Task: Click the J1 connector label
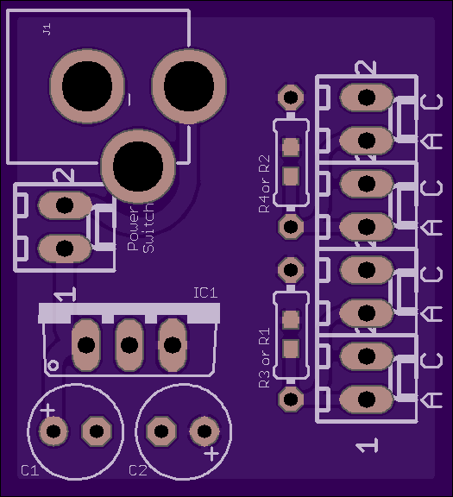[47, 29]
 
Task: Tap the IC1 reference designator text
[205, 293]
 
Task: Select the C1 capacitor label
[30, 471]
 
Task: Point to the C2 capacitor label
[138, 471]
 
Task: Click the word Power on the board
[133, 229]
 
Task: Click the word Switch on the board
[148, 227]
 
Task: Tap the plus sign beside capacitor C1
[47, 411]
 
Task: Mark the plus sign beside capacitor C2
[211, 454]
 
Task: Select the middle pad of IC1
[129, 345]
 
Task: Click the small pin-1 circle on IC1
[53, 366]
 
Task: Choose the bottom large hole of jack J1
[138, 167]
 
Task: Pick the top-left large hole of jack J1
[87, 86]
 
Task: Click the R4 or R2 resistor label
[264, 184]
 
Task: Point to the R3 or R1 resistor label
[264, 358]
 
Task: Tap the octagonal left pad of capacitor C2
[161, 431]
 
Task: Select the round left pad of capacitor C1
[53, 431]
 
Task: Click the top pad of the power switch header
[65, 205]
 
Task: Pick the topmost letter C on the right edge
[431, 102]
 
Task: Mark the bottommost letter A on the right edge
[431, 400]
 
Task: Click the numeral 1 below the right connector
[367, 445]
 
